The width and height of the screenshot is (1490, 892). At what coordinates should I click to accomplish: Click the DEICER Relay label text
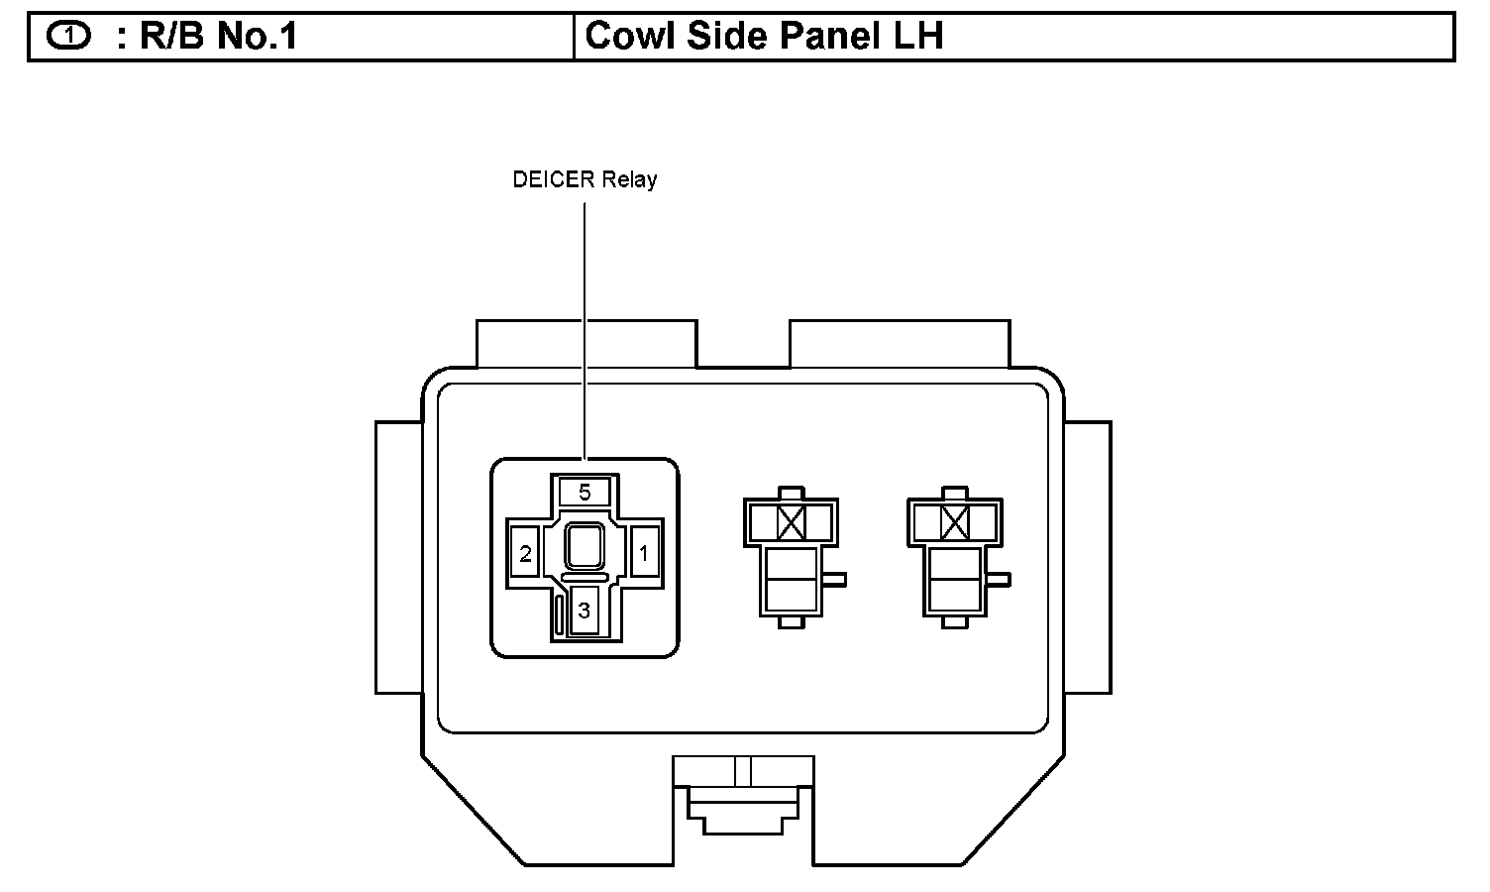point(585,179)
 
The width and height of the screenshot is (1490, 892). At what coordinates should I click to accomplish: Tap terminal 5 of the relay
point(585,492)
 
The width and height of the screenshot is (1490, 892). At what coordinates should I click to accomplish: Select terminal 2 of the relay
point(525,554)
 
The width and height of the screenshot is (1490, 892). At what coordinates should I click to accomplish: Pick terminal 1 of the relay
point(644,554)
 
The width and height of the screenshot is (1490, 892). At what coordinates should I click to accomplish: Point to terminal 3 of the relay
point(584,611)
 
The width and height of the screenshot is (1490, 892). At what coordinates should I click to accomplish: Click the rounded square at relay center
point(585,546)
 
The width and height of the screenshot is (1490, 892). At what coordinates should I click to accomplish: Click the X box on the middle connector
point(790,521)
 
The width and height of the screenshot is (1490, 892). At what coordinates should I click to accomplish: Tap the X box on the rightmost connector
point(954,521)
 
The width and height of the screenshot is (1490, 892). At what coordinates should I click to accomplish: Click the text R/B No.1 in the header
point(218,37)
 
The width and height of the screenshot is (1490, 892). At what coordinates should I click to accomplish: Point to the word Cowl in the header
point(624,37)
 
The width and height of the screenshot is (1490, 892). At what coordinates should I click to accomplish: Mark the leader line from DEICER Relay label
point(585,327)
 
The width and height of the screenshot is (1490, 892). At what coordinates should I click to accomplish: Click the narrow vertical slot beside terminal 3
point(560,614)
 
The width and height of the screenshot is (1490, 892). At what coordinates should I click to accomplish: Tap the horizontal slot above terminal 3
point(585,577)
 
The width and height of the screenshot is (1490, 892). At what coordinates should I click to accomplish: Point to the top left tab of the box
point(586,343)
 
